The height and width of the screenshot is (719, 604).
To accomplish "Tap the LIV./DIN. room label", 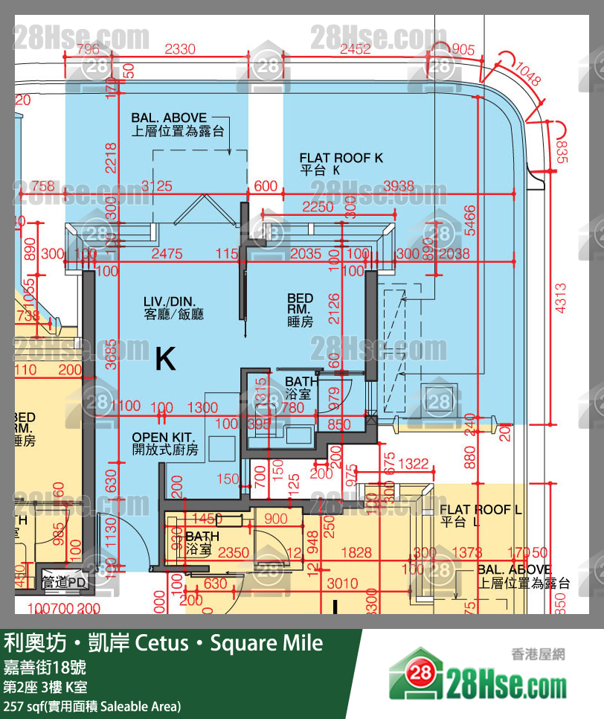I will pos(173,307).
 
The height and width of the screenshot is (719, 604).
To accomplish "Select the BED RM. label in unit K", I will pos(300,310).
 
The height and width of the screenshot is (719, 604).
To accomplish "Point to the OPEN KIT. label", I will pos(165,443).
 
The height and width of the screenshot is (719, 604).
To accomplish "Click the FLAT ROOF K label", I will pos(341,164).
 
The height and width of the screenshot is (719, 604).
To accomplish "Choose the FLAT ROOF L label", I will pos(477,515).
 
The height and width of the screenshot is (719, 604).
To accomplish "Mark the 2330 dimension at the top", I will pos(179,50).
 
